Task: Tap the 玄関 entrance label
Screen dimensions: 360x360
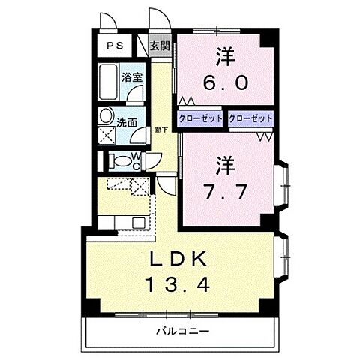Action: pos(160,46)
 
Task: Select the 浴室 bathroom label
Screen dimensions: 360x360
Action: pos(133,77)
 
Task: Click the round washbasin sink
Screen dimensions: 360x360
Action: pos(106,117)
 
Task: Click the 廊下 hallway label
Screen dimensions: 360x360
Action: pos(160,130)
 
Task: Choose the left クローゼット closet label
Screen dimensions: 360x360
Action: pos(200,118)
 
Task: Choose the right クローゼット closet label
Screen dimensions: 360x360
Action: pos(250,118)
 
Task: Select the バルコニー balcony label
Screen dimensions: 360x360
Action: pos(182,330)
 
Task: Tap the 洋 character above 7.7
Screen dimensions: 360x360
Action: pos(223,161)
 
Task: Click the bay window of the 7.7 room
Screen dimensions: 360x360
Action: pos(284,184)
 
